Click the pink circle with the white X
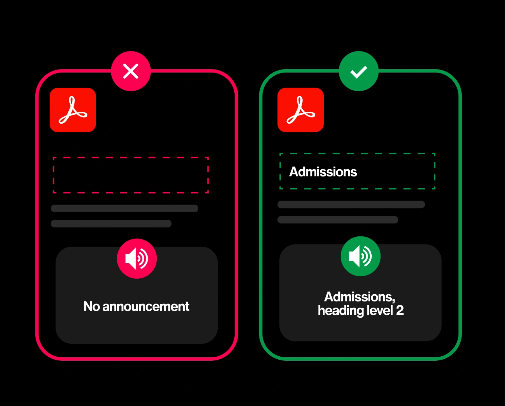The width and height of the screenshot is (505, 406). (131, 71)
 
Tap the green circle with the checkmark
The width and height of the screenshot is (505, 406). (358, 71)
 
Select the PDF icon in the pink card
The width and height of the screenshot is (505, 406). (73, 110)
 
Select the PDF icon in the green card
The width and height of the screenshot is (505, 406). (301, 110)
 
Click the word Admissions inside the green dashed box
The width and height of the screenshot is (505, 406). (323, 172)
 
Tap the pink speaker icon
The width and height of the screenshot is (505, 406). (137, 259)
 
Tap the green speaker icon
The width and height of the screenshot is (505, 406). (360, 256)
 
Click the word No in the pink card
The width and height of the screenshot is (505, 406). (92, 306)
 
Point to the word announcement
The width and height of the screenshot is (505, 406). (146, 307)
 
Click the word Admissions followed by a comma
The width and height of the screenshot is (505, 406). (360, 297)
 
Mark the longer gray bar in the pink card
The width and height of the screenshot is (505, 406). (124, 208)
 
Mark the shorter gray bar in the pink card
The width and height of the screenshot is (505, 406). (111, 223)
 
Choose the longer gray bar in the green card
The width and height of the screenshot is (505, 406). (351, 204)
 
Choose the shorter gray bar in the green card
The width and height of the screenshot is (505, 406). (338, 220)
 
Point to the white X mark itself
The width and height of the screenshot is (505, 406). (131, 71)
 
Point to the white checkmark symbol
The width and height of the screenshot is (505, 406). (358, 72)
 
